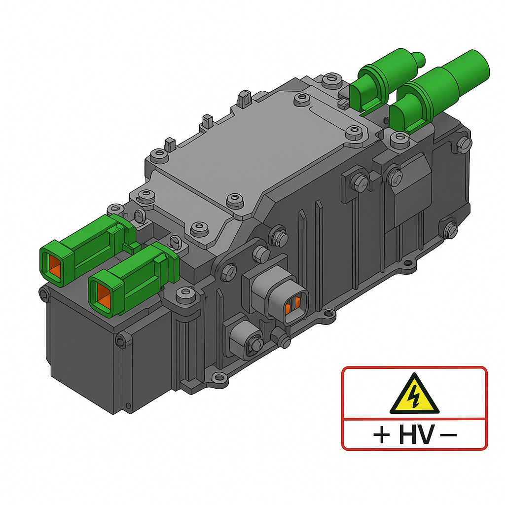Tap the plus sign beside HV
coord(381,435)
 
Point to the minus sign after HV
coord(448,435)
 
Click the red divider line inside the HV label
coord(414,419)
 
